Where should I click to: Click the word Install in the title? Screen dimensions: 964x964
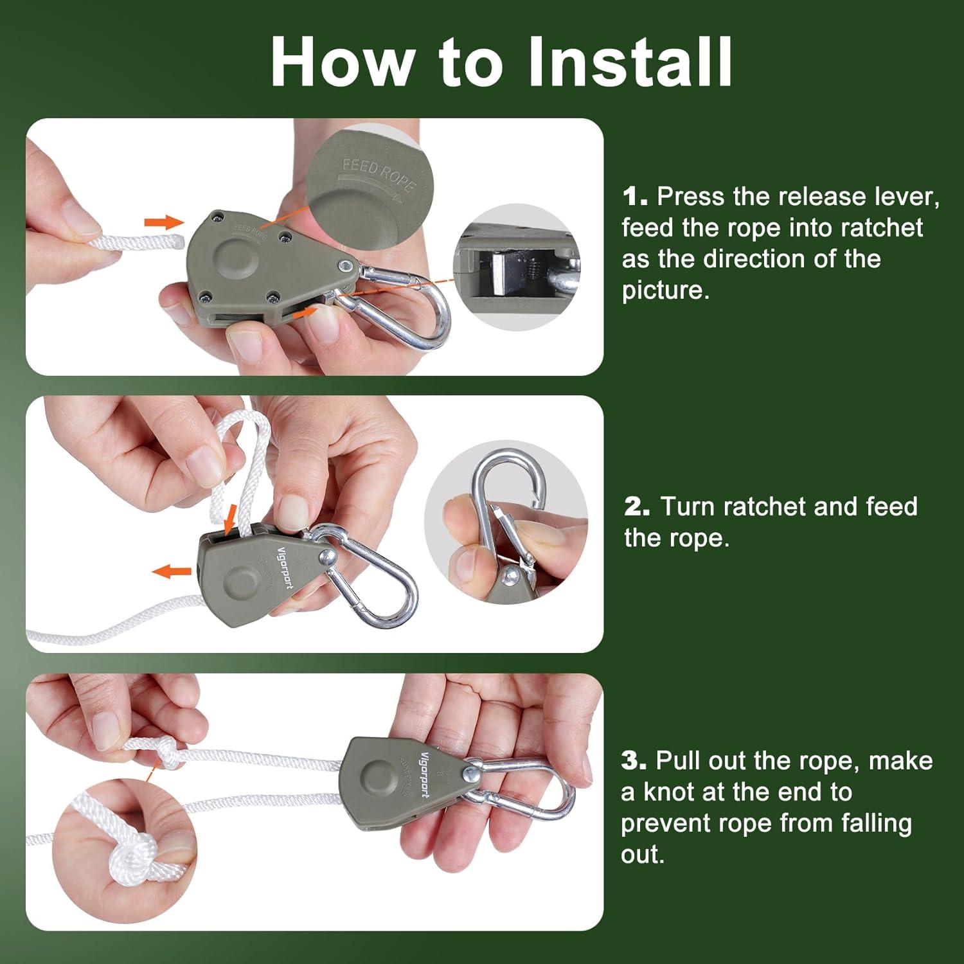point(630,62)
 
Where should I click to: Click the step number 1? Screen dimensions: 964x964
point(634,197)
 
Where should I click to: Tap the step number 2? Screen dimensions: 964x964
point(637,507)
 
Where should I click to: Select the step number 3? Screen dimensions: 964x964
point(634,761)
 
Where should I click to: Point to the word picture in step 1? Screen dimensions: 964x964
point(666,290)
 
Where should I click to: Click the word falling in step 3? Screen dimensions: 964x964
point(876,825)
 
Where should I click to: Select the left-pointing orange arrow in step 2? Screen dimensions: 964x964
point(172,570)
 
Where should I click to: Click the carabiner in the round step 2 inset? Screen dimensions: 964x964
point(508,508)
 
